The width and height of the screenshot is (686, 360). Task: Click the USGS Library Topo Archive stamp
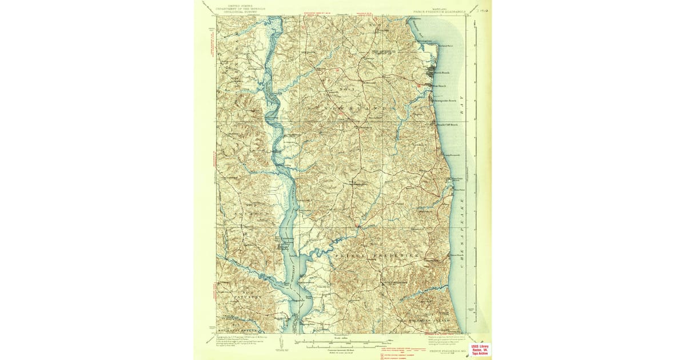click(x=480, y=350)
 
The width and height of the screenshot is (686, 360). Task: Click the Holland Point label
click(x=445, y=45)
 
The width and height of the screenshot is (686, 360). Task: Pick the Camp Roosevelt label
click(x=451, y=155)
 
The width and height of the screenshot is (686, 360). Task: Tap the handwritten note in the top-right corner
click(x=482, y=9)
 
